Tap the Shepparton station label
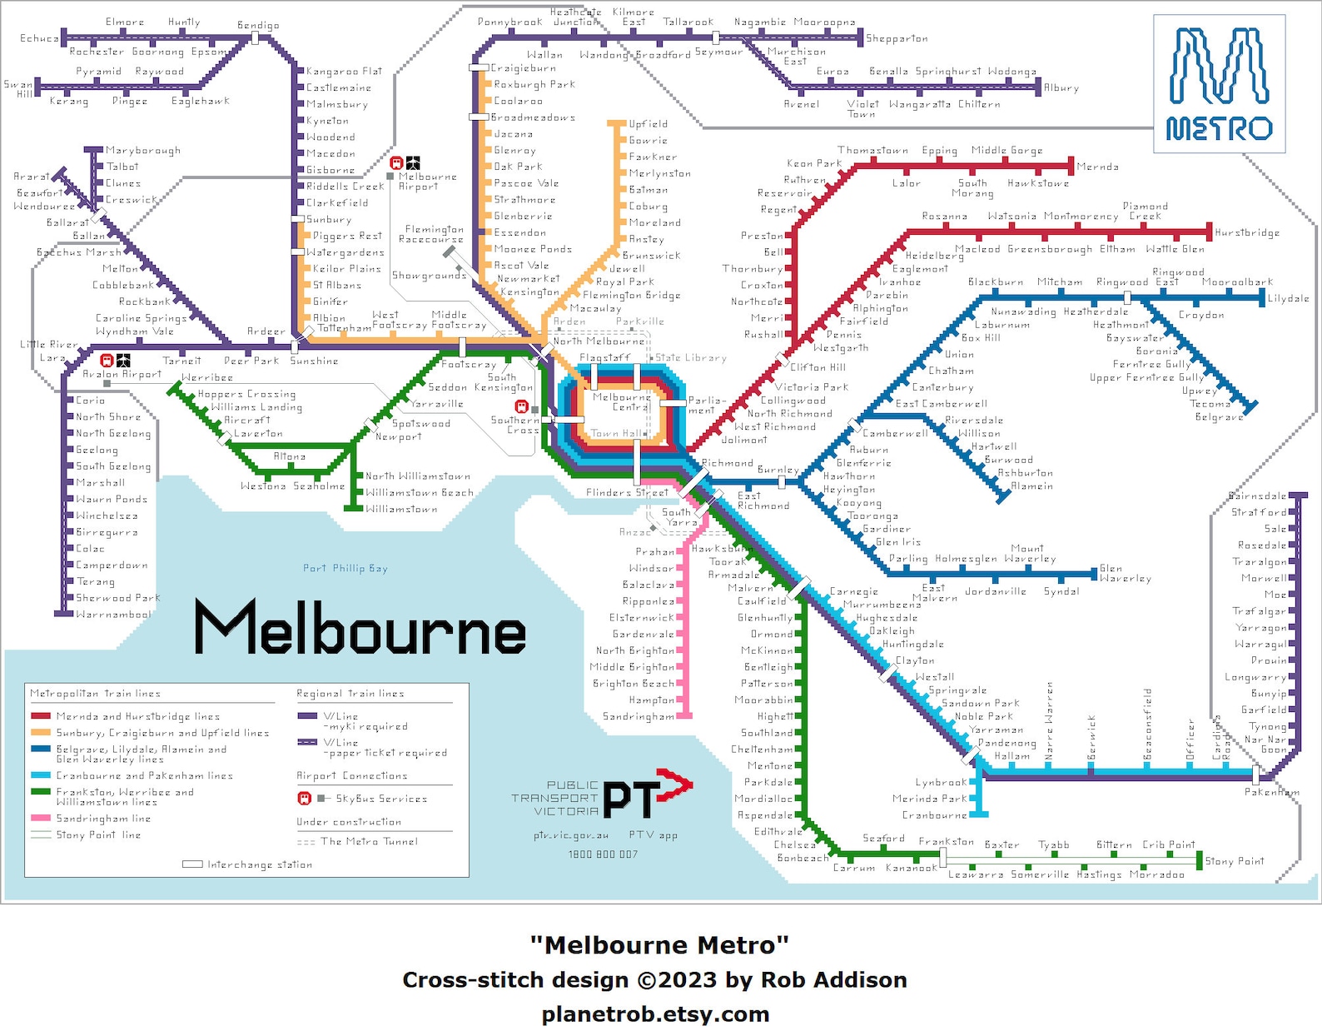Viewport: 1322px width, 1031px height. [897, 38]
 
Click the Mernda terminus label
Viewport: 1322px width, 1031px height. [1097, 167]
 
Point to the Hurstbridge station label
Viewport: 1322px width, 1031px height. [1246, 232]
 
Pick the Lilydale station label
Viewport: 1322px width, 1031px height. [1288, 297]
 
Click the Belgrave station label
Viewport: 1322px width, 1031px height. [1219, 416]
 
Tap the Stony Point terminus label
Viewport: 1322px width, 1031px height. [1234, 861]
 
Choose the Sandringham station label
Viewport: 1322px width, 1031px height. [639, 716]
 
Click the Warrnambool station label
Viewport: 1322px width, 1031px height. [113, 615]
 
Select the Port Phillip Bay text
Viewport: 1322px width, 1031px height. [345, 568]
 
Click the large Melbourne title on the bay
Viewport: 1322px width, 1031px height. [360, 629]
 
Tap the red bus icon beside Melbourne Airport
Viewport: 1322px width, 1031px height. [397, 163]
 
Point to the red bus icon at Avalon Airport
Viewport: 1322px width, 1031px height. [107, 361]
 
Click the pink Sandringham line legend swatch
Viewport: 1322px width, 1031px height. [41, 819]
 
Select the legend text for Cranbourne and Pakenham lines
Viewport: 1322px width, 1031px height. [144, 775]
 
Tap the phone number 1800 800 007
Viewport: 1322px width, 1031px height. [603, 854]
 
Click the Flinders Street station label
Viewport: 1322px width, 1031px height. [615, 492]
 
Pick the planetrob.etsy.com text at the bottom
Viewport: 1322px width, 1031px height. [655, 1014]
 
